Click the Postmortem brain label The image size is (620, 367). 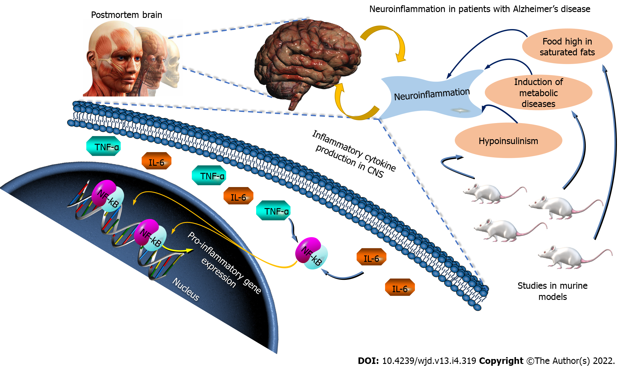126,15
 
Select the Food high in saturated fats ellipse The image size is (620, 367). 567,47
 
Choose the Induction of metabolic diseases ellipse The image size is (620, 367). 538,93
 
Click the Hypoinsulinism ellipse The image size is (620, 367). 508,141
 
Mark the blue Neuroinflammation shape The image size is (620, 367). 432,95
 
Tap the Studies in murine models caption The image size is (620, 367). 552,291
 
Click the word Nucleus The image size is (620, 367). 186,289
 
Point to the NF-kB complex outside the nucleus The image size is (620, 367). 311,253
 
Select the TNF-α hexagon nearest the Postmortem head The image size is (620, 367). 103,146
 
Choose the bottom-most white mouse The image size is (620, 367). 572,257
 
